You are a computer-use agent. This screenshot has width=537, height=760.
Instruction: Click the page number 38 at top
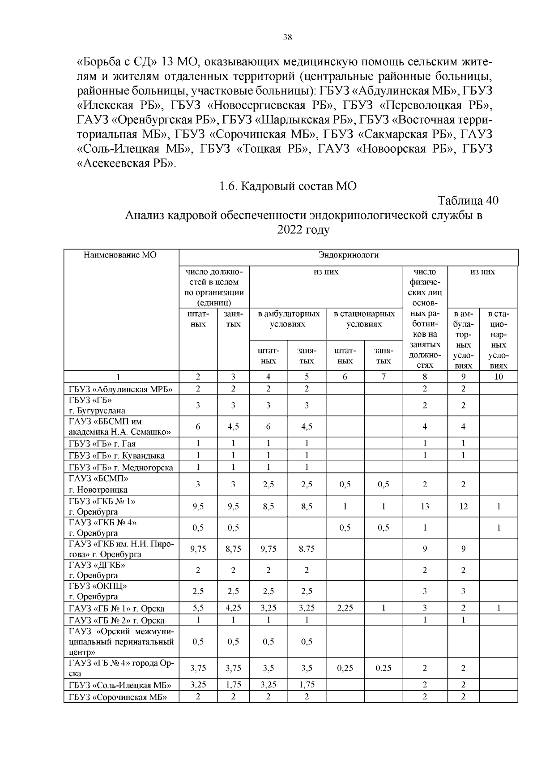[288, 38]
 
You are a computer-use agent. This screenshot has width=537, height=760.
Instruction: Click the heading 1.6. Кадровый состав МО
[288, 186]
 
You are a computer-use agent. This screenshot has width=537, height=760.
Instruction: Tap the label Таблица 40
[468, 200]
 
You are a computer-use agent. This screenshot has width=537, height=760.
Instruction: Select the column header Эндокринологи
[348, 255]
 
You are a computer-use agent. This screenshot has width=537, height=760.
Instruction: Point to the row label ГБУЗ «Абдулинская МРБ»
[121, 389]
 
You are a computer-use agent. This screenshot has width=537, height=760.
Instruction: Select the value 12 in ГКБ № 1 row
[463, 507]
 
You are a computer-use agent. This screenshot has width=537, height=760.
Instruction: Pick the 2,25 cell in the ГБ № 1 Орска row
[345, 608]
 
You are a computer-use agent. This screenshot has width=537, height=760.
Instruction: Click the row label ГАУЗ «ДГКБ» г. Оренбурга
[97, 570]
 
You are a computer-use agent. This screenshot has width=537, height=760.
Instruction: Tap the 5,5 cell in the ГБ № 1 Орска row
[198, 608]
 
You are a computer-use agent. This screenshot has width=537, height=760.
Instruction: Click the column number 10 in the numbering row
[499, 377]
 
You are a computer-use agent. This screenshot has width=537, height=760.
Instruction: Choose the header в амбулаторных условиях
[288, 319]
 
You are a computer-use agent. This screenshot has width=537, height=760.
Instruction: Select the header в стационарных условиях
[364, 319]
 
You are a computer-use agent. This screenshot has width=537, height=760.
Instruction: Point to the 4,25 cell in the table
[233, 608]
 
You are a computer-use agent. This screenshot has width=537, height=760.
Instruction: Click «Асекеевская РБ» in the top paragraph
[127, 163]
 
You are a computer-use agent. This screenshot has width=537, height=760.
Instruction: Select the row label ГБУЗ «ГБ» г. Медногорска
[121, 468]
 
